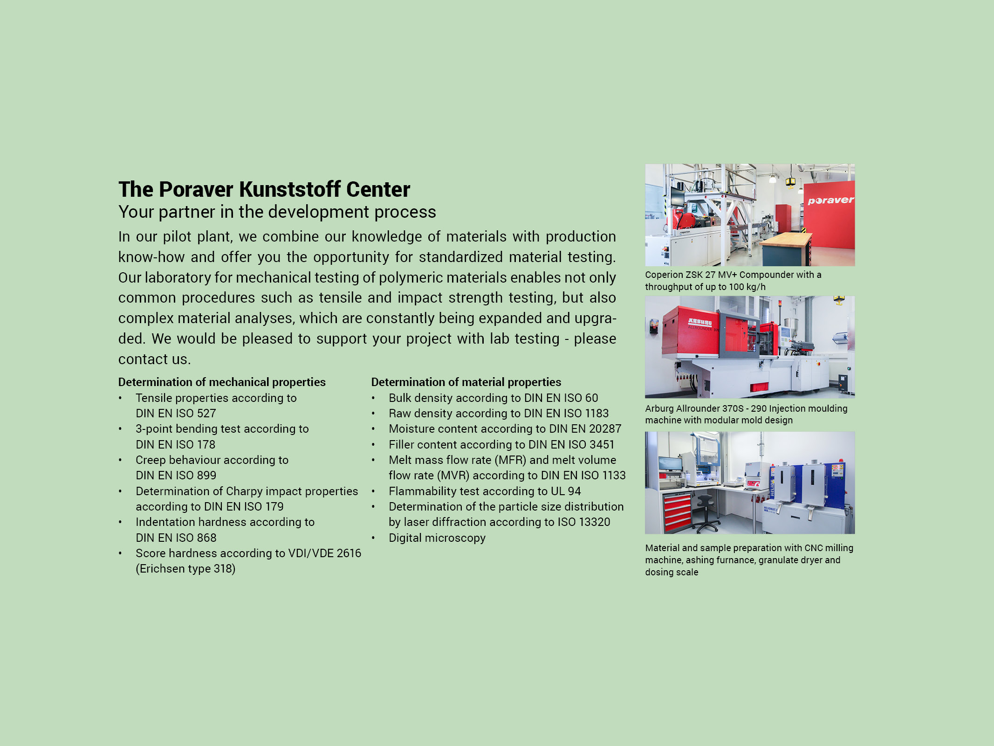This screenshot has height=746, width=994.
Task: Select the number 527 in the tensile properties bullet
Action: tap(206, 414)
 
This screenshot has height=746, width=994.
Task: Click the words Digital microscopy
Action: tap(437, 538)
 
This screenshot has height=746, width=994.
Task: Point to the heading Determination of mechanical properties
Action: tap(222, 382)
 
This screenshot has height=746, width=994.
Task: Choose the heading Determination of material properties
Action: tap(466, 382)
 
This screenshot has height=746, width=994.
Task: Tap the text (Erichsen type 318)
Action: tap(185, 569)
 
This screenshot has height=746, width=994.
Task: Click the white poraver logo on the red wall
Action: tap(830, 200)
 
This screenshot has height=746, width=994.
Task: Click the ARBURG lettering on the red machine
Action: tap(700, 322)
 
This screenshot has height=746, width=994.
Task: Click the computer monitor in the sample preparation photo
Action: tap(670, 464)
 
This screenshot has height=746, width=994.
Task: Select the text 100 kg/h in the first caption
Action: tap(747, 287)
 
